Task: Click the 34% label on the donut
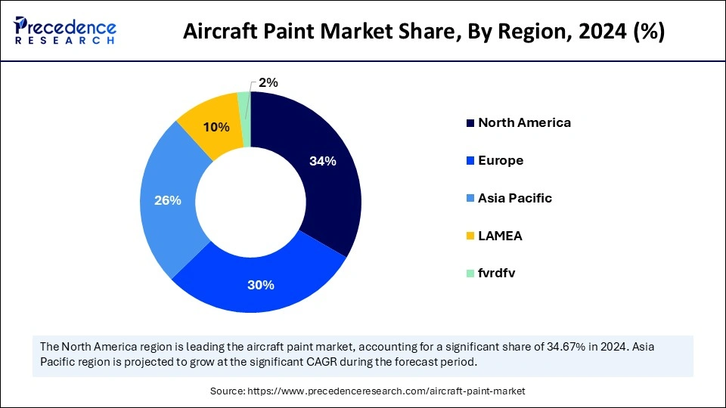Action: click(323, 161)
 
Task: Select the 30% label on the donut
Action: click(261, 285)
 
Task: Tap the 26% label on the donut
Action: click(168, 200)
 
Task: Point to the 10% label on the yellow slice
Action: click(217, 128)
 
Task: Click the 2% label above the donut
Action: click(268, 82)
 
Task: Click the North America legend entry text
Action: click(524, 122)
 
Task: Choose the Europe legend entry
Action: click(501, 160)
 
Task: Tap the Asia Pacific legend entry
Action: click(515, 198)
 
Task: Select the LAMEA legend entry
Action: click(500, 236)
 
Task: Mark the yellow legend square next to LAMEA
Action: click(470, 236)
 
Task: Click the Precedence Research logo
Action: click(65, 30)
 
